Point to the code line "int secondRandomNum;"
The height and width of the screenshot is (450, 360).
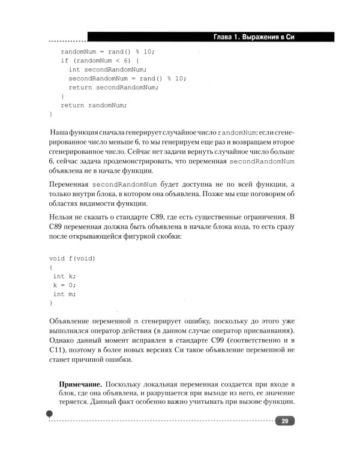tap(107, 70)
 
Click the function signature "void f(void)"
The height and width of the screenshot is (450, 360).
tap(72, 258)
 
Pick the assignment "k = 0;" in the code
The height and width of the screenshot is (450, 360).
tap(64, 285)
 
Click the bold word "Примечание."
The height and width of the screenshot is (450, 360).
tap(80, 383)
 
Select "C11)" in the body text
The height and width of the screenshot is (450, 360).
tap(59, 350)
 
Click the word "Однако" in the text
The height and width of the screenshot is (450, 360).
tap(62, 340)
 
